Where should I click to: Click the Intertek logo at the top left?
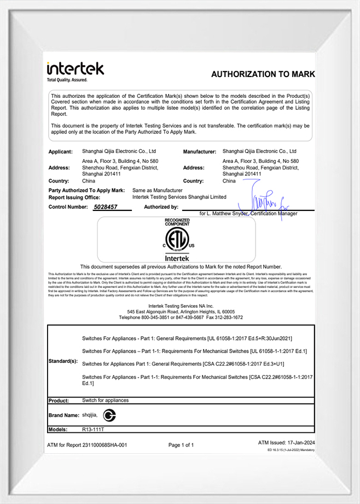75,69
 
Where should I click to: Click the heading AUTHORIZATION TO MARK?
263,74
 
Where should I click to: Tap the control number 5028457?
105,207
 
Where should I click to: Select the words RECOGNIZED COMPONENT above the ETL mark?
177,222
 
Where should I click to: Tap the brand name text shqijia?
91,415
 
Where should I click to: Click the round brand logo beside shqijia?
110,415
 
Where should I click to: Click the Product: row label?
59,401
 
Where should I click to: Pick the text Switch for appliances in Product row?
106,400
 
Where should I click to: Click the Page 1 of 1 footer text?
181,445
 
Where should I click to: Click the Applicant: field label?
60,151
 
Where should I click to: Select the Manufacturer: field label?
201,151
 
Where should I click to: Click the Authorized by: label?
161,207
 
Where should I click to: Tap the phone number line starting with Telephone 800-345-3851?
181,317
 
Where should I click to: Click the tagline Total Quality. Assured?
67,80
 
